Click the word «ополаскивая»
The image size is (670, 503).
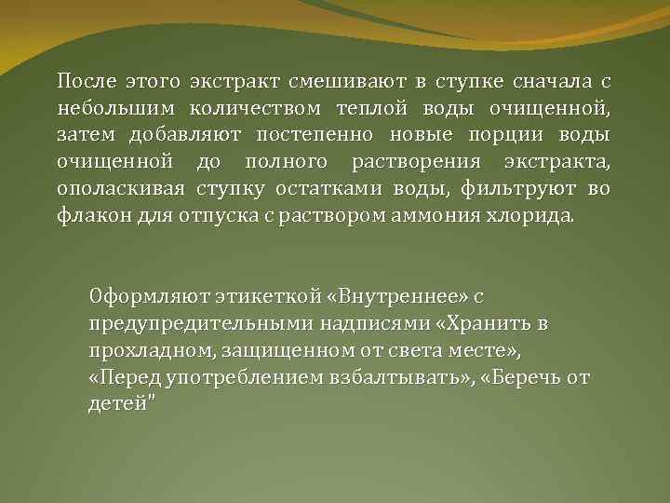tap(117, 193)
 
